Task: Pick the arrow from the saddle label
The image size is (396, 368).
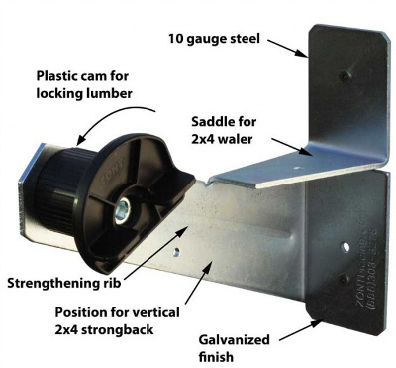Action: [288, 147]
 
